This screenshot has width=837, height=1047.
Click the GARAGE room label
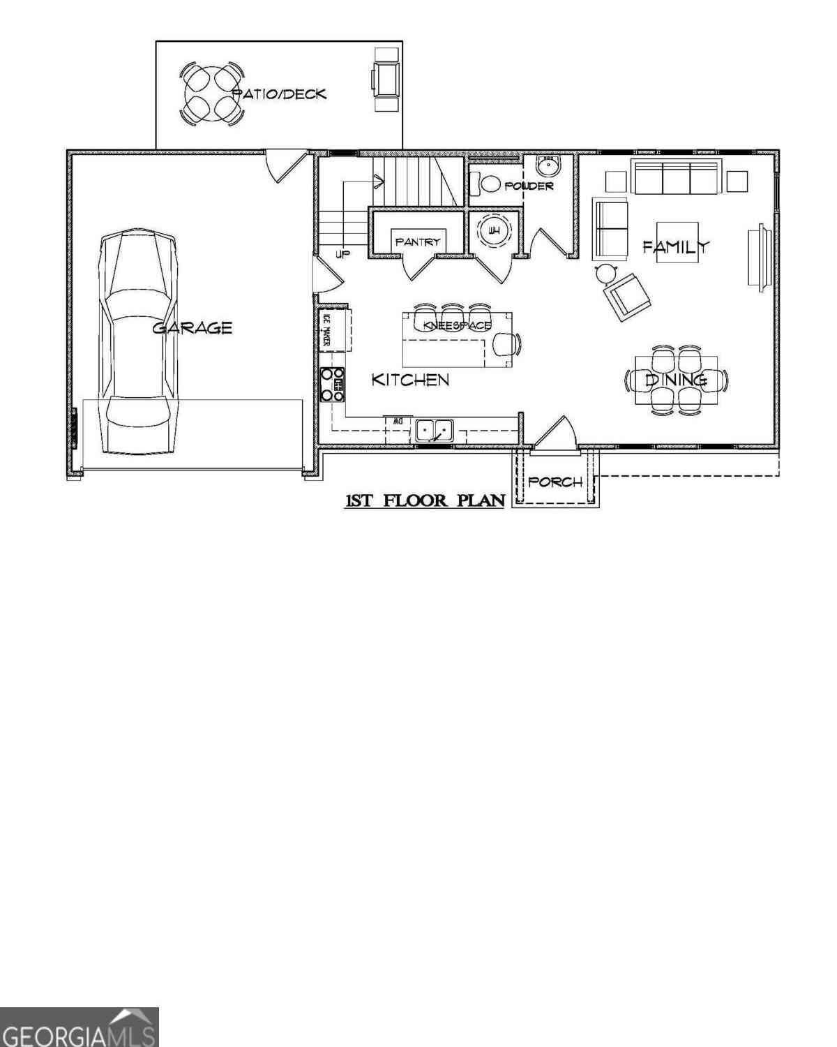click(x=192, y=327)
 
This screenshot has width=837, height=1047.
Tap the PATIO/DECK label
click(x=279, y=94)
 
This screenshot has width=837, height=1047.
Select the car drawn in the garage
click(x=137, y=341)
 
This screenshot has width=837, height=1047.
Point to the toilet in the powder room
click(x=485, y=184)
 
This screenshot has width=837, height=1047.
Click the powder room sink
click(x=549, y=166)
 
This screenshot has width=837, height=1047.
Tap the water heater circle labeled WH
click(x=495, y=230)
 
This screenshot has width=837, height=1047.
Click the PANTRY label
click(x=418, y=242)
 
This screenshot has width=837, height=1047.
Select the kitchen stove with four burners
click(x=332, y=385)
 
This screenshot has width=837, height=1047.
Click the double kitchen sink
click(x=435, y=430)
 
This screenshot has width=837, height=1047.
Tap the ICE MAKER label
click(x=325, y=329)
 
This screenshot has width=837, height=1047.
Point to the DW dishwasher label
click(x=398, y=422)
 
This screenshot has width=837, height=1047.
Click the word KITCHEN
click(x=410, y=380)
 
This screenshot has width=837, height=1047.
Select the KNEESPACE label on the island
click(x=457, y=325)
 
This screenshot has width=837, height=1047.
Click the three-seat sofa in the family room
click(x=676, y=176)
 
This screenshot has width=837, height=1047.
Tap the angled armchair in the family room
click(x=626, y=297)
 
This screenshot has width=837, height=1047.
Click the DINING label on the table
click(x=676, y=380)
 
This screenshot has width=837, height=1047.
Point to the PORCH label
click(x=555, y=482)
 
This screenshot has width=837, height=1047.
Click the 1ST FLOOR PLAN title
click(x=425, y=500)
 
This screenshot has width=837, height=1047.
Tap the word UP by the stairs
click(x=342, y=254)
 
